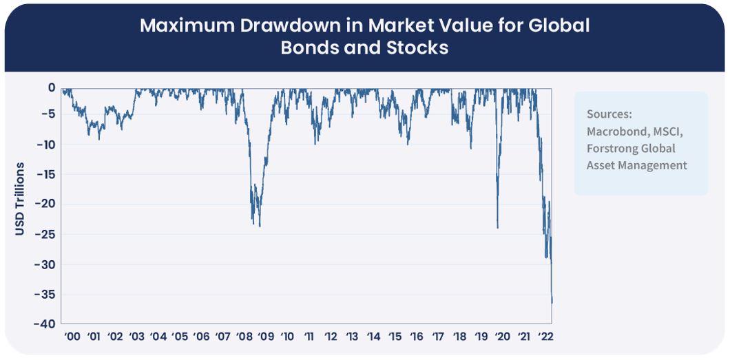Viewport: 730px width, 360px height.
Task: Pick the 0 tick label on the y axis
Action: [51, 87]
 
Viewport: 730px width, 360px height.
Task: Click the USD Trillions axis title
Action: [20, 199]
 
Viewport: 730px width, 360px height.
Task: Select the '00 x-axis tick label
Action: [72, 337]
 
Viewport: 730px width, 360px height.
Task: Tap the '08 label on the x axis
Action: [244, 337]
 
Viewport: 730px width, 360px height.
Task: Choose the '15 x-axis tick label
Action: [395, 337]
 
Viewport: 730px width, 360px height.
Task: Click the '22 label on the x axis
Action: [546, 337]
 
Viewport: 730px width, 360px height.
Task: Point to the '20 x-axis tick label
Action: [503, 337]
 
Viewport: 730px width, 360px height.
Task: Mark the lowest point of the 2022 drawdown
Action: [552, 301]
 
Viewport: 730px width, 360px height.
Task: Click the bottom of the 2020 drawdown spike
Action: [497, 228]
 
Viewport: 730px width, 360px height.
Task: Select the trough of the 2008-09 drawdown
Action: [260, 226]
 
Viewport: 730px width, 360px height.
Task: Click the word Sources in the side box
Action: [609, 114]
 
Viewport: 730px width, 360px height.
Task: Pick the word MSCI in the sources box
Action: [665, 131]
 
